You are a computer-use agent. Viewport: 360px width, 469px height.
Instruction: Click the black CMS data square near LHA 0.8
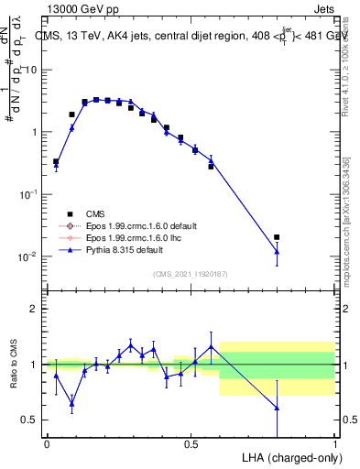(277, 237)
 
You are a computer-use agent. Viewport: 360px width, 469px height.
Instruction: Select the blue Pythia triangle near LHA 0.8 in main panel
(277, 251)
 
